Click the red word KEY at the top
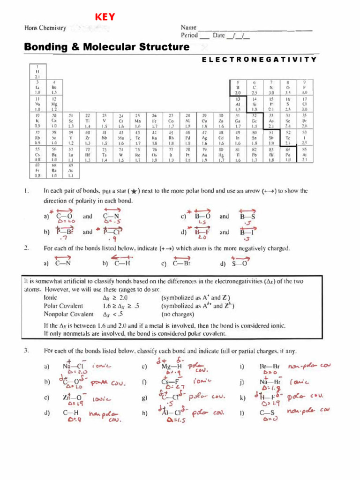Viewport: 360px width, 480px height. point(105,18)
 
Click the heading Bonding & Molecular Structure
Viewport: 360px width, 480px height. point(107,47)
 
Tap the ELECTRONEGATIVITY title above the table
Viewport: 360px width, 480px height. point(259,60)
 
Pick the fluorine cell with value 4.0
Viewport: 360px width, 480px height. point(304,87)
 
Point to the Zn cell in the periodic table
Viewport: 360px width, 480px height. point(220,121)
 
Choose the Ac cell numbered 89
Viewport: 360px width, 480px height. point(70,171)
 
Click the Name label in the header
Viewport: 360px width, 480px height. point(188,28)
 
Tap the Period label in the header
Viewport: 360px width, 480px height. point(190,36)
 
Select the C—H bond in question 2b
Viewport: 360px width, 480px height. point(121,263)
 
